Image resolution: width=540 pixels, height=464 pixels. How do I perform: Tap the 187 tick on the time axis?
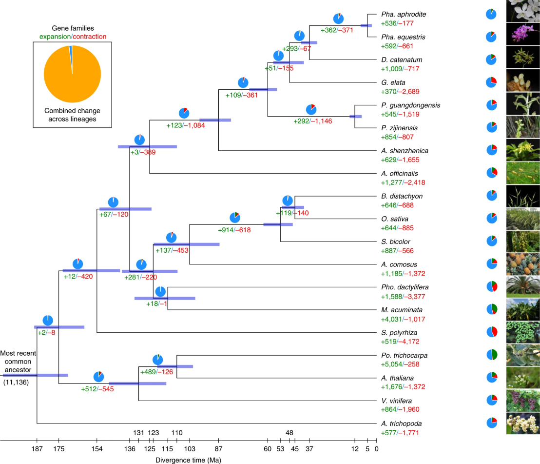[x=37, y=448]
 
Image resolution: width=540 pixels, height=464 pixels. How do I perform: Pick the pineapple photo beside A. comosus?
[x=523, y=264]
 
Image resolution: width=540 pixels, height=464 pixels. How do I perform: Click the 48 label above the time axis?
[x=289, y=432]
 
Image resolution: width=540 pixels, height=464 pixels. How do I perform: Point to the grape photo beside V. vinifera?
[x=523, y=401]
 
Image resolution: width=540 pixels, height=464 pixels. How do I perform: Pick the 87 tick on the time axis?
[x=218, y=448]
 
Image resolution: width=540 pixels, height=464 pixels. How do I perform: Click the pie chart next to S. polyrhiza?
[x=492, y=332]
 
